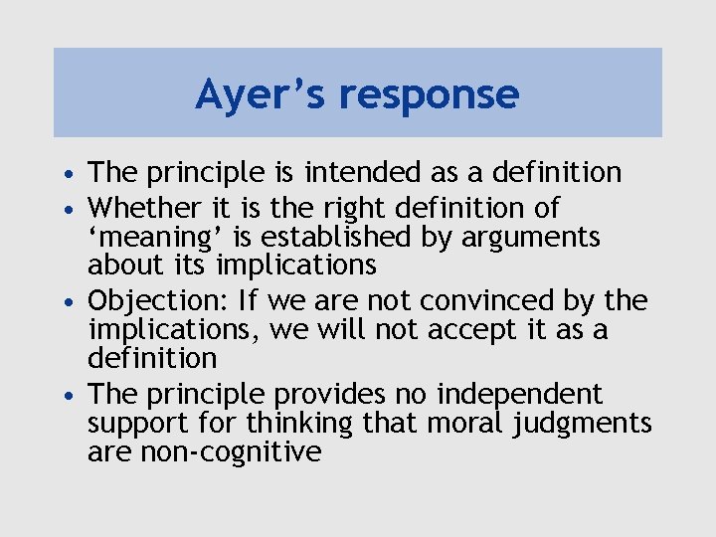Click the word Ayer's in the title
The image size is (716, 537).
click(259, 94)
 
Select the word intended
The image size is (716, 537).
click(367, 172)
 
